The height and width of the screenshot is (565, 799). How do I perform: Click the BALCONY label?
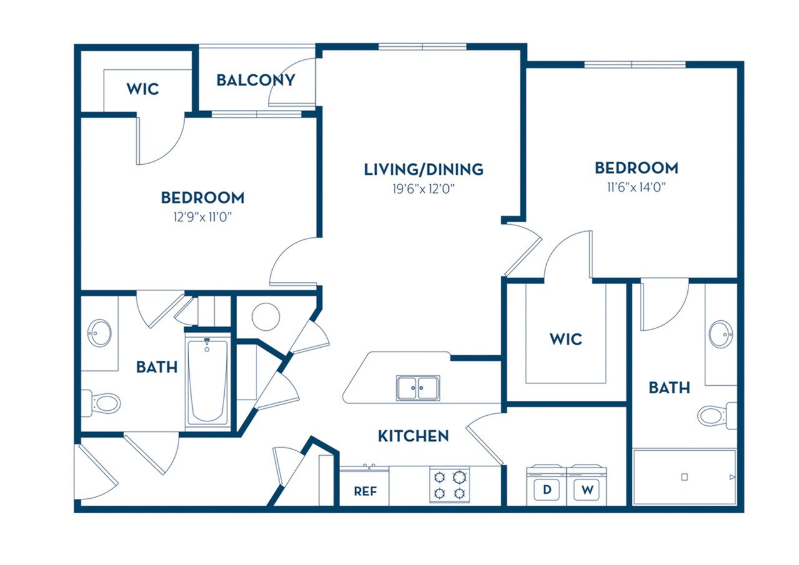255,80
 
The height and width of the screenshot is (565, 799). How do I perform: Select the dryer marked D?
547,489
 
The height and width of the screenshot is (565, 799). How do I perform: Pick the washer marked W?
587,489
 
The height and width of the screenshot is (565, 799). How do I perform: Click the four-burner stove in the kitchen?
449,485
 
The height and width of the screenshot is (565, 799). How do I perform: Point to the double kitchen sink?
418,388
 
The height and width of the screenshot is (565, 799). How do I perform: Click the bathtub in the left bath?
208,382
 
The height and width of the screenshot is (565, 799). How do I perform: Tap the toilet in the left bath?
104,403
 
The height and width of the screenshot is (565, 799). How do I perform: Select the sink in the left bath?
99,333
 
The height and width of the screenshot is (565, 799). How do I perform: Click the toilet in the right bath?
714,414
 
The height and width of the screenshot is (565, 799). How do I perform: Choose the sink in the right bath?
721,334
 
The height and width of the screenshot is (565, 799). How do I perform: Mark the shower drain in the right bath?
684,477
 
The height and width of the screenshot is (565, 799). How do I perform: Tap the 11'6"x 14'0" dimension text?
635,187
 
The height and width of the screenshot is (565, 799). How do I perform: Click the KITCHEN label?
413,436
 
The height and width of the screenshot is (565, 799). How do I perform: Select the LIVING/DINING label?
423,169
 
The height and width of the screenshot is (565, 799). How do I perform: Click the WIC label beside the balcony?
142,89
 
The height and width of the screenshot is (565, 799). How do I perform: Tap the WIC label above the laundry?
566,339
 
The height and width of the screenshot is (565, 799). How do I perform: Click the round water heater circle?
266,317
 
